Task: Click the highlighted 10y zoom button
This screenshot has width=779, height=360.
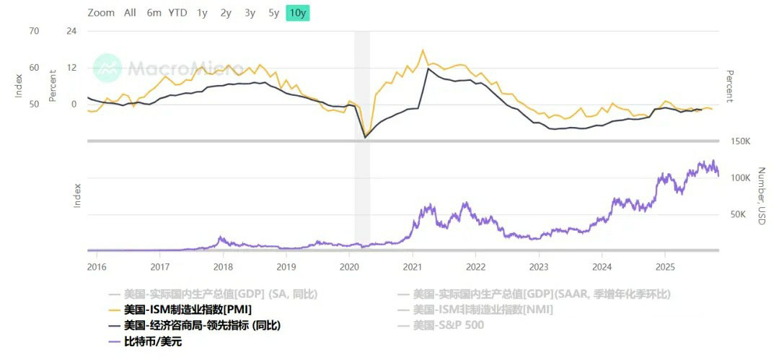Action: [x=297, y=12]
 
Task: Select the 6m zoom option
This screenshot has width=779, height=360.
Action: [x=154, y=12]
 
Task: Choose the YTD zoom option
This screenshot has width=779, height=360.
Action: [x=177, y=12]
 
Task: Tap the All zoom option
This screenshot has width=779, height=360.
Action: [x=130, y=12]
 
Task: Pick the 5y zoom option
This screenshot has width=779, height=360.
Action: [x=273, y=12]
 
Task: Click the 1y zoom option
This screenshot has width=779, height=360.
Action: [x=202, y=12]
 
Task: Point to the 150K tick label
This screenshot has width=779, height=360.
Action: [x=741, y=141]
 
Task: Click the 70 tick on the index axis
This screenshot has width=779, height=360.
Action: [x=34, y=31]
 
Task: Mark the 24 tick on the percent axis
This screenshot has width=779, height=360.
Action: [x=71, y=31]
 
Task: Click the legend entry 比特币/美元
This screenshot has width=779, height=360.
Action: [x=152, y=341]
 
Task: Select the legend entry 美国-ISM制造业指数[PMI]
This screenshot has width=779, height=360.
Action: [x=187, y=309]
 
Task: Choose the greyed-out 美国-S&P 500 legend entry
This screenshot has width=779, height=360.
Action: [x=449, y=325]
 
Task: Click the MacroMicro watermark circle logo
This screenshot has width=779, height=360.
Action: [x=107, y=67]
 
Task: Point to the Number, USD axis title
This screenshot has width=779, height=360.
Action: [x=762, y=196]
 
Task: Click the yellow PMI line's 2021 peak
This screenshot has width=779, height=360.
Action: [x=423, y=50]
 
